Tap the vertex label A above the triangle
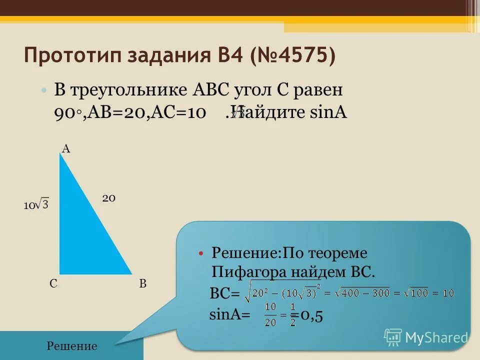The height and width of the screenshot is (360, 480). click(x=65, y=148)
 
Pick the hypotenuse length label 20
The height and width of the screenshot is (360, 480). click(x=109, y=198)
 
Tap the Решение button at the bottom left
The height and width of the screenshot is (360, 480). click(x=71, y=346)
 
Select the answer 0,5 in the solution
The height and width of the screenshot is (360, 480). click(x=310, y=316)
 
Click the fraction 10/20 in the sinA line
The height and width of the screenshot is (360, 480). click(x=270, y=314)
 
